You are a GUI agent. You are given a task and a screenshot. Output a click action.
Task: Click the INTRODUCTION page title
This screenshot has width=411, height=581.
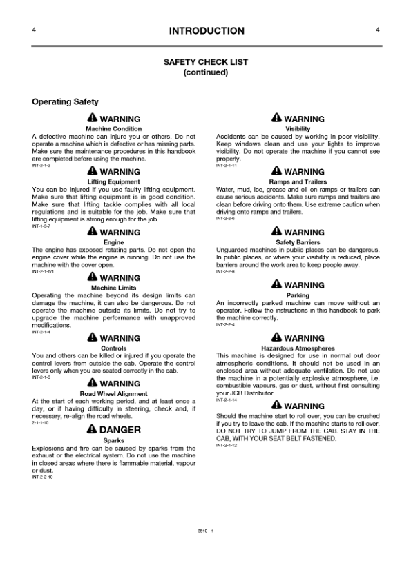pos(206,31)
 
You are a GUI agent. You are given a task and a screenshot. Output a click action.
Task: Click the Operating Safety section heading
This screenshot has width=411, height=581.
pos(66,102)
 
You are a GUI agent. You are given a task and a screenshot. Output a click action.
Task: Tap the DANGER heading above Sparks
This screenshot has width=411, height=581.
pos(120,429)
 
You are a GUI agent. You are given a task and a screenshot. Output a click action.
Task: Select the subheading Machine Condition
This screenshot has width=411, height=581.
pos(114,129)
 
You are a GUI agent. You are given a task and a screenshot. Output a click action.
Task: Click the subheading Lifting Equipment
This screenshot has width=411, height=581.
pos(114,181)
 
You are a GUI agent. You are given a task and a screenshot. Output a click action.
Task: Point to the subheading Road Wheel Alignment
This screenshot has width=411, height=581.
pos(114,393)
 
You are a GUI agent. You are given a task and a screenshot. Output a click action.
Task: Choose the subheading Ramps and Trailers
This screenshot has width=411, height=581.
pos(298,181)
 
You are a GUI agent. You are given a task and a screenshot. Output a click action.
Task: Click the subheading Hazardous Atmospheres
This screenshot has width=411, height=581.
pos(298,348)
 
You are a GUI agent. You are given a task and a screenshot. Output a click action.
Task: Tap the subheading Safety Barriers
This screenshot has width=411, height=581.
pos(298,242)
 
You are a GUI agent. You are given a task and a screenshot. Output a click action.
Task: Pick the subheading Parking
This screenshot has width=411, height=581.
pos(298,295)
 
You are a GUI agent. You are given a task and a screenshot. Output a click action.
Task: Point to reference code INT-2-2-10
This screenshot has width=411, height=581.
pos(42,477)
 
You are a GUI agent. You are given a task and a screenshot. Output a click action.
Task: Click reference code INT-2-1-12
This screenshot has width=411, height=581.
pos(226,446)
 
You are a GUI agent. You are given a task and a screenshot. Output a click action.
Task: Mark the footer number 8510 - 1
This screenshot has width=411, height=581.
pos(206,530)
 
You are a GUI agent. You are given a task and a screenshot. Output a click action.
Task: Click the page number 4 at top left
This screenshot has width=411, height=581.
pos(34,30)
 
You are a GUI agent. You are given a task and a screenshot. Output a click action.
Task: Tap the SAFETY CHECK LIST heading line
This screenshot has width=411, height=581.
pos(206,62)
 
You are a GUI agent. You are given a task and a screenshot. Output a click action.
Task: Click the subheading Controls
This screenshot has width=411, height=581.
pos(114,348)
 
